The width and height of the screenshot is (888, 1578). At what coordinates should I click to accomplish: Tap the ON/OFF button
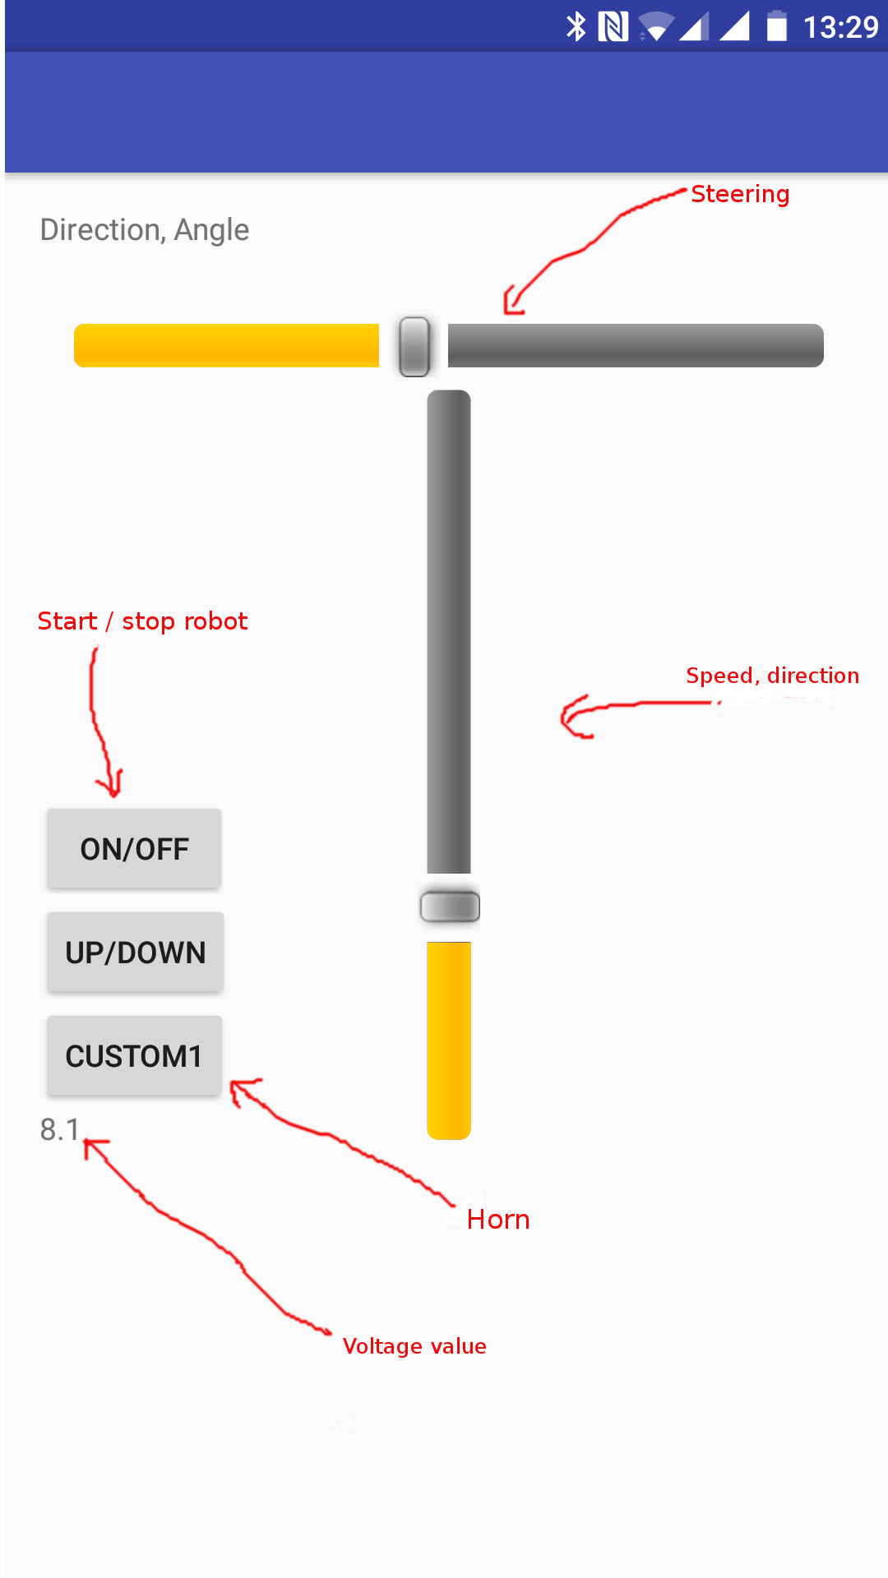click(x=134, y=849)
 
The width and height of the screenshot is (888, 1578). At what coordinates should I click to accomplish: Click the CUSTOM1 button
click(x=134, y=1056)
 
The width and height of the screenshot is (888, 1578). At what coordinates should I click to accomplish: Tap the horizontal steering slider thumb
click(x=414, y=346)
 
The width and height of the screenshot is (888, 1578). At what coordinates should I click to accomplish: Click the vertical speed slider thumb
click(x=450, y=907)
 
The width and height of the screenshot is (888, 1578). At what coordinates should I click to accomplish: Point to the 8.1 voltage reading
click(x=59, y=1130)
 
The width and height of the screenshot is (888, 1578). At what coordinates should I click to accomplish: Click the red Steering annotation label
click(x=740, y=194)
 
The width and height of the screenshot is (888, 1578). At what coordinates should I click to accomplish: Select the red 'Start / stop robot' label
click(x=142, y=621)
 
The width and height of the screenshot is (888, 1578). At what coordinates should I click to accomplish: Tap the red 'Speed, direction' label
click(x=772, y=676)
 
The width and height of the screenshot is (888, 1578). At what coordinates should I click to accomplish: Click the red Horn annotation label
click(x=498, y=1220)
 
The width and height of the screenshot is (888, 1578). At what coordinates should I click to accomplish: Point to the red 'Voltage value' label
click(x=414, y=1346)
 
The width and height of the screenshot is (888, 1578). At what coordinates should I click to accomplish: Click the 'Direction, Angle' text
click(x=145, y=230)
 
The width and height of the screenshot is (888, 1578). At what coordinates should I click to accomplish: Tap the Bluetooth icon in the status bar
click(x=576, y=26)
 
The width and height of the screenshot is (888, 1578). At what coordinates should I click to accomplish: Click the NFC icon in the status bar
click(x=613, y=26)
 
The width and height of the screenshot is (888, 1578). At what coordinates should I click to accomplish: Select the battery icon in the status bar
click(x=776, y=26)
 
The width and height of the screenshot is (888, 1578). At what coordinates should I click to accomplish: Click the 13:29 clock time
click(x=840, y=27)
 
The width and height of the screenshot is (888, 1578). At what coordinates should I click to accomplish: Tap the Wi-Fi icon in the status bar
click(x=655, y=27)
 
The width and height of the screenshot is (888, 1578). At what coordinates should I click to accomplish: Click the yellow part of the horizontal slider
click(x=226, y=346)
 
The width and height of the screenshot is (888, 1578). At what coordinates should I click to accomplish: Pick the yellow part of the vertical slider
click(x=449, y=1040)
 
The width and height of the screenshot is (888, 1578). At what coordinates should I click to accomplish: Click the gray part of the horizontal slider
click(x=635, y=346)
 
